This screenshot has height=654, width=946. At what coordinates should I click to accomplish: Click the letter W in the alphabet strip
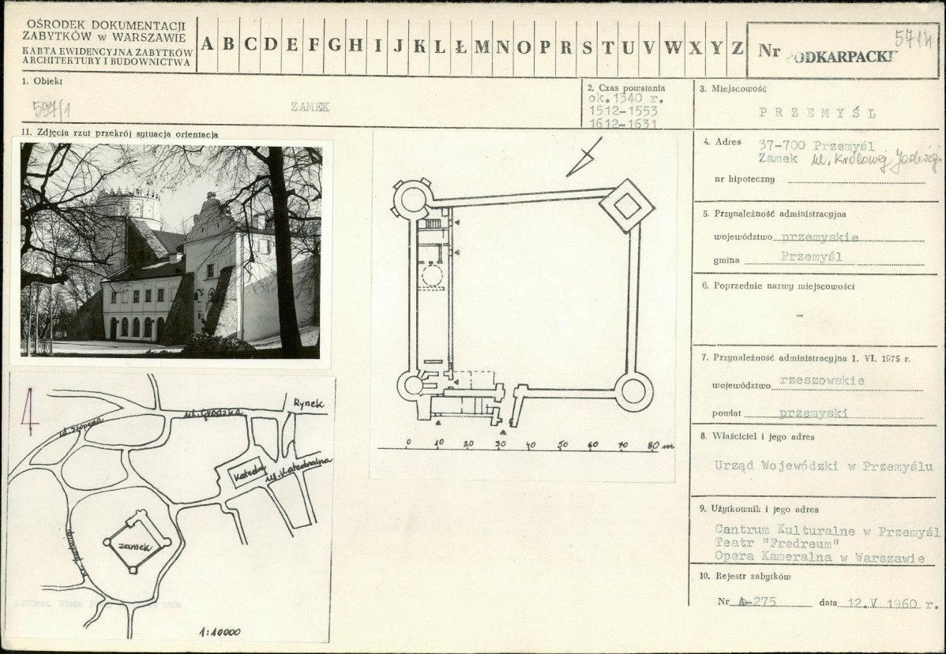[674, 47]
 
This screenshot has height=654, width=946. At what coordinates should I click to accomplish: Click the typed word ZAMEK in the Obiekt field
[310, 107]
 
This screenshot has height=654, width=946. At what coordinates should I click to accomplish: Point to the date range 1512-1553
[621, 112]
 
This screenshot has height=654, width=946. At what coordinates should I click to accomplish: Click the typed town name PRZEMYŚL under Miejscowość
[817, 112]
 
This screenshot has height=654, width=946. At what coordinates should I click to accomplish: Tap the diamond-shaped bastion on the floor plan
[627, 206]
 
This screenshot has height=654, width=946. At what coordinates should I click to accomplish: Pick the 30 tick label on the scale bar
[499, 445]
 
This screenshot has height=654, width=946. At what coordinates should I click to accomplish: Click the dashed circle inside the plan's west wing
[431, 277]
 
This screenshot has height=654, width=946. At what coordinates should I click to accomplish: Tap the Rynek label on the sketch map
[310, 402]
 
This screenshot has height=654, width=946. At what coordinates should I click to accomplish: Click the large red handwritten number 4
[29, 411]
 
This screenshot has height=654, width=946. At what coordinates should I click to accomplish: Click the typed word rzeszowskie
[821, 380]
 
